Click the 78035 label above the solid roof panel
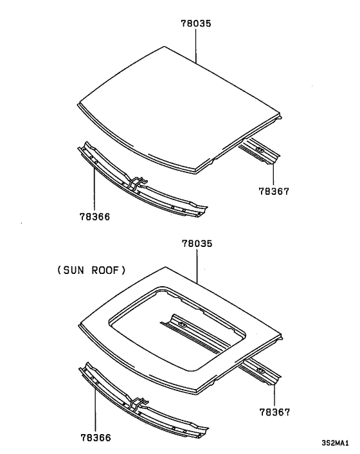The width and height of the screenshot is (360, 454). [196, 23]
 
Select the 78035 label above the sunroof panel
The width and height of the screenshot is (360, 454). [196, 245]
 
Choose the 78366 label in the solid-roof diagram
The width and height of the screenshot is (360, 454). [94, 217]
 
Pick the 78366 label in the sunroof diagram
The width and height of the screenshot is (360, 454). [94, 437]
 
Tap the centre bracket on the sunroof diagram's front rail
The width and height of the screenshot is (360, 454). [137, 405]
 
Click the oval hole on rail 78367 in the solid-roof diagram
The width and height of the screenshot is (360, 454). [260, 151]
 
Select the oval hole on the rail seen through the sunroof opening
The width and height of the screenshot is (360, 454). [182, 323]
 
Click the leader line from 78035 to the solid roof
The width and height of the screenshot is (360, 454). [196, 45]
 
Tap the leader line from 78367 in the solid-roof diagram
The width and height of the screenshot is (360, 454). [273, 170]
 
